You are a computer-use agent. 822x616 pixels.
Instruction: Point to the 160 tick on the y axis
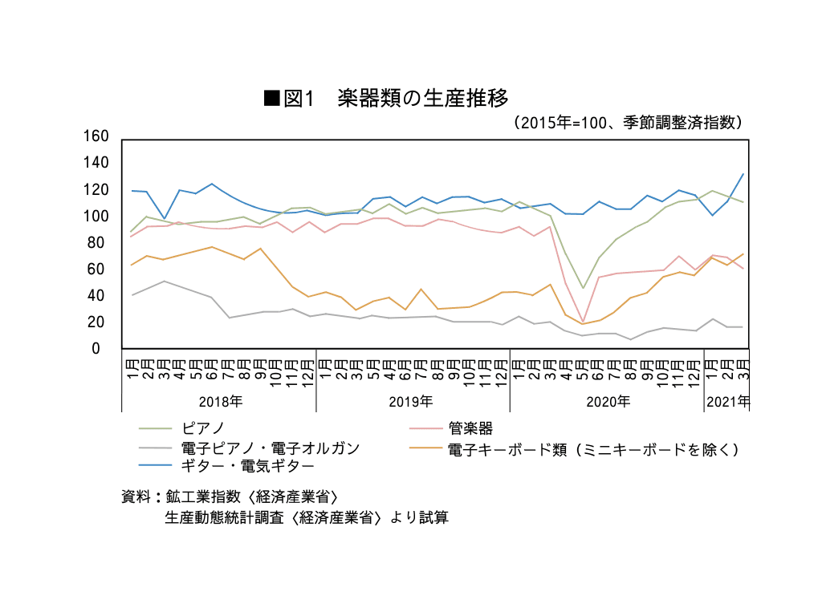(96, 136)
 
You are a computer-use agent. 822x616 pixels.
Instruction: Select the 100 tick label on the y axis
(96, 216)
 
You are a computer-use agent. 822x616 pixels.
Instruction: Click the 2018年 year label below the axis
(220, 401)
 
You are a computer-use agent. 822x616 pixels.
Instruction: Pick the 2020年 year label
(608, 401)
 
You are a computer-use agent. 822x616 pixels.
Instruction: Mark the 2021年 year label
(727, 401)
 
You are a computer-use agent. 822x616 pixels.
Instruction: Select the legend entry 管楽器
(470, 428)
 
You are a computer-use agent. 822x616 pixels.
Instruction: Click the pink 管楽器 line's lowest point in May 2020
(583, 321)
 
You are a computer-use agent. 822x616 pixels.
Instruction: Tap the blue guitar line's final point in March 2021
(743, 174)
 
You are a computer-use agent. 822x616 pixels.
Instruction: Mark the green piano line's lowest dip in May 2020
(583, 288)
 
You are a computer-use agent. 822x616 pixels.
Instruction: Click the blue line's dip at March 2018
(164, 218)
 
